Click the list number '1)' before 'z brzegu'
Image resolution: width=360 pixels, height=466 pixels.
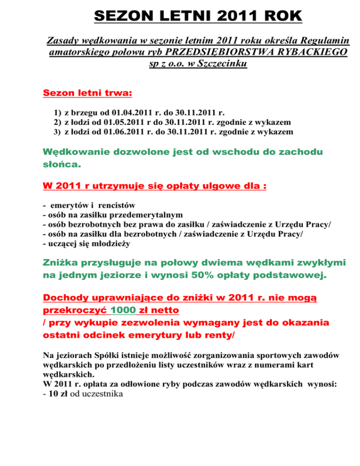58,113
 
